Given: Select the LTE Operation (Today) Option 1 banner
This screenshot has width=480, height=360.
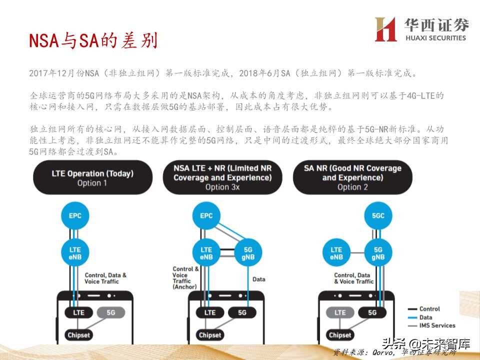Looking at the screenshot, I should (92, 178).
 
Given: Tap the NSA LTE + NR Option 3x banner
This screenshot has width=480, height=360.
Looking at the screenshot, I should (222, 177).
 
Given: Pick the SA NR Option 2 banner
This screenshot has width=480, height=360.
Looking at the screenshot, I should (352, 177).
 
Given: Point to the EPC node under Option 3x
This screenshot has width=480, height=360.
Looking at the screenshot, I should (206, 216).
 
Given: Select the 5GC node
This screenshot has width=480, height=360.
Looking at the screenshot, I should (378, 216).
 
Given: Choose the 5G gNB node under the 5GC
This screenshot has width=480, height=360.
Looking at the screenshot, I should (378, 253).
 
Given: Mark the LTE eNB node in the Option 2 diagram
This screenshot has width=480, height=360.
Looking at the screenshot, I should (336, 253).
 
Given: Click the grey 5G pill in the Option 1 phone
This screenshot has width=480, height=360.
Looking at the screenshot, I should (110, 312).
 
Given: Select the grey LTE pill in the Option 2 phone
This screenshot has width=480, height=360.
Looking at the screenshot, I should (339, 312).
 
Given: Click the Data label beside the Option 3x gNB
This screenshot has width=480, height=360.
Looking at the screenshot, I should (258, 279).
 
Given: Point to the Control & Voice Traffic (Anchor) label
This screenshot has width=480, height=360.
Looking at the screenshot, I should (185, 278).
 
